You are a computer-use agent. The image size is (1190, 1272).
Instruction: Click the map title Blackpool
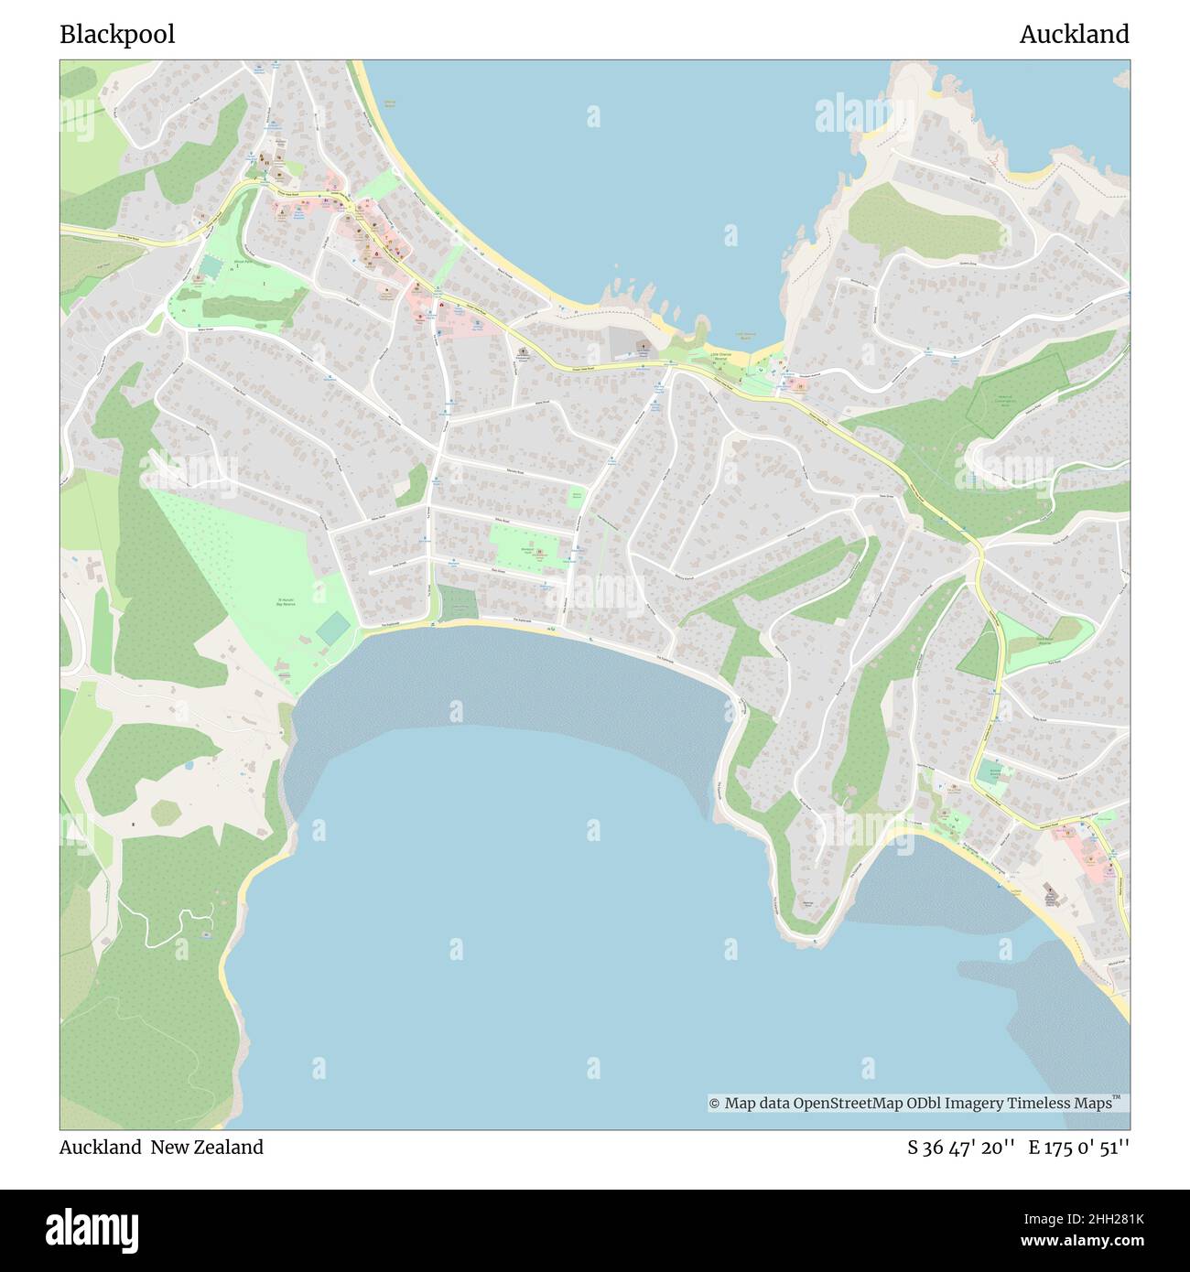pos(117,35)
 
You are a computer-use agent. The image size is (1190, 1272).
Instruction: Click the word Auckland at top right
pos(1074,35)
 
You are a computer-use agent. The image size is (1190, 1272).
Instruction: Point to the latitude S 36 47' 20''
pos(960,1148)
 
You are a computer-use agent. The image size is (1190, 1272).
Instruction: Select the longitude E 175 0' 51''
pos(1079,1148)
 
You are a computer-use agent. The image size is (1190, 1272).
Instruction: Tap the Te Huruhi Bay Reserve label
pos(287,601)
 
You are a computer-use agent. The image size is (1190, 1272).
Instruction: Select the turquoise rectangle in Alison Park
pos(210,268)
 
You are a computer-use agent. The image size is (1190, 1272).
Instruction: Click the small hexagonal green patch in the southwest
pos(167,812)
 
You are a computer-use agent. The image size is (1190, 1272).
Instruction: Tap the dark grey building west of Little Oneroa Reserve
pos(624,343)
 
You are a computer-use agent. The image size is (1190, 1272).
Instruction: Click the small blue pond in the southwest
pos(188,763)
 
